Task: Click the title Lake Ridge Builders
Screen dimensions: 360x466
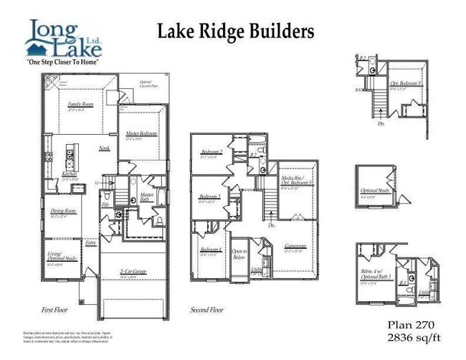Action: tap(235, 31)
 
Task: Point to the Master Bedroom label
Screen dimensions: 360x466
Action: tap(142, 134)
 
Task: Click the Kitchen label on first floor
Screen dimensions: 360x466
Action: tap(70, 174)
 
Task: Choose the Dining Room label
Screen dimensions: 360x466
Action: tap(64, 211)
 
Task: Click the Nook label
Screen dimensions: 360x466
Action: tap(103, 148)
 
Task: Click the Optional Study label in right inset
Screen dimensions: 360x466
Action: tap(373, 191)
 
